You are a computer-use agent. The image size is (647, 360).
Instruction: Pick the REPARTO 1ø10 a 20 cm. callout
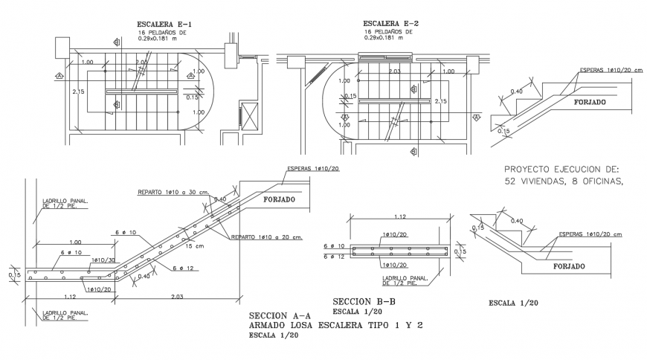click(266, 237)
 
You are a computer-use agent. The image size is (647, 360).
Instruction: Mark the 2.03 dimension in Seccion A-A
click(177, 296)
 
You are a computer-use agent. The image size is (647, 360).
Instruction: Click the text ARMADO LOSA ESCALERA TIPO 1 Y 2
click(336, 325)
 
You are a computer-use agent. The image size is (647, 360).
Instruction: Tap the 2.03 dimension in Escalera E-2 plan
click(395, 72)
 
